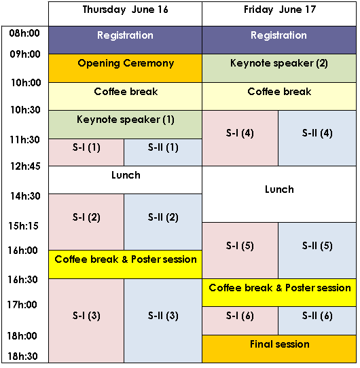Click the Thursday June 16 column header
point(125,14)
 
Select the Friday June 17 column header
point(279,14)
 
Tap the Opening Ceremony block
point(126,68)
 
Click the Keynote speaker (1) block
point(126,124)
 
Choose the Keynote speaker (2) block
point(279,68)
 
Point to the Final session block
point(279,349)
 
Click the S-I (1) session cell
point(86,152)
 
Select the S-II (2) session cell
point(163,222)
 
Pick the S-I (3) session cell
point(86,320)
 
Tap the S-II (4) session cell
point(317,138)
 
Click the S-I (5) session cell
point(240,251)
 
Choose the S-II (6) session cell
point(317,321)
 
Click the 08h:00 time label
point(24,33)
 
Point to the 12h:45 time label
point(25,166)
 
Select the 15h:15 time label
point(23,226)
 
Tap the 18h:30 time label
point(22,356)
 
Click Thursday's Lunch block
point(126,180)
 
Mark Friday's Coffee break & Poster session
point(279,293)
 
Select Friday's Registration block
point(279,40)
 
